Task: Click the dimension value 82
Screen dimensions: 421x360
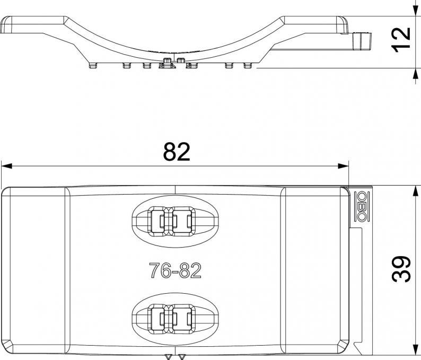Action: point(177,152)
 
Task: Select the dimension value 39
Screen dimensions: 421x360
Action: point(401,269)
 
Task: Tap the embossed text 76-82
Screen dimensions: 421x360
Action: point(175,270)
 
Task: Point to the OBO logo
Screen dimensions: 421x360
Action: point(362,206)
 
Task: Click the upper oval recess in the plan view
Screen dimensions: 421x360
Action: point(175,195)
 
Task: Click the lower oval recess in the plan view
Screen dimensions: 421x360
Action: point(175,293)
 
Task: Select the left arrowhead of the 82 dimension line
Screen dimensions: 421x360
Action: point(7,166)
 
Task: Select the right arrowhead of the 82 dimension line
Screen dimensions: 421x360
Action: point(343,166)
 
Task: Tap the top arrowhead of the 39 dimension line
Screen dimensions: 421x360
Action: point(416,191)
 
